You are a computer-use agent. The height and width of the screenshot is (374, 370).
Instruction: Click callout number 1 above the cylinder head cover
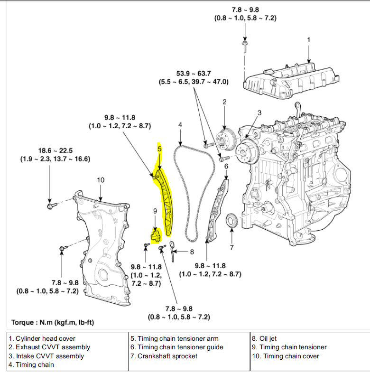pos(308,39)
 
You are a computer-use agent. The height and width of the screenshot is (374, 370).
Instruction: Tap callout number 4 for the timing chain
pos(180,125)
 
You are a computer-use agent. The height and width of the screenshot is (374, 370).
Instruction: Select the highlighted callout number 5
pos(160,149)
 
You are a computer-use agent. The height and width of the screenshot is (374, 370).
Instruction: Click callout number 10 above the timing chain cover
pos(100,180)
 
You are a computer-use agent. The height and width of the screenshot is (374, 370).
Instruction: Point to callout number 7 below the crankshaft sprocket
pos(231,247)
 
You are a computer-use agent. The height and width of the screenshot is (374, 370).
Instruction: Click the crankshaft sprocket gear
pos(231,222)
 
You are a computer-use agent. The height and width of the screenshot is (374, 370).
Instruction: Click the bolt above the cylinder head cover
pos(245,47)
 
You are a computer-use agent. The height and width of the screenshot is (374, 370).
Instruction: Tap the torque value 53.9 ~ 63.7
pos(194,74)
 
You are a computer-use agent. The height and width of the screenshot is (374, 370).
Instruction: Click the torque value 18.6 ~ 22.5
pos(55,150)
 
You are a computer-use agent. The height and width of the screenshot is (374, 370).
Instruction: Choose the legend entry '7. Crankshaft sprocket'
pos(164,356)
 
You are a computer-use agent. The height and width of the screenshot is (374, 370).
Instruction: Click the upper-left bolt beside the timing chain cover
pos(51,206)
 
